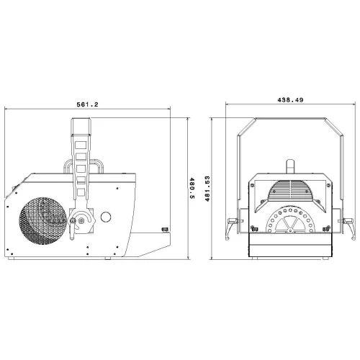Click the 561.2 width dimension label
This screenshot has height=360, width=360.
(x=87, y=104)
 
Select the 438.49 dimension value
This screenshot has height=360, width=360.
(x=290, y=100)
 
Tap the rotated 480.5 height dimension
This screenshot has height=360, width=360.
(x=192, y=189)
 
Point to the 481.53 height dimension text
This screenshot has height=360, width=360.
(x=207, y=189)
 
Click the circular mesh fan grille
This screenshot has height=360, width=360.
(x=42, y=221)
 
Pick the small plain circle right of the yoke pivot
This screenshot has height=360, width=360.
(x=106, y=217)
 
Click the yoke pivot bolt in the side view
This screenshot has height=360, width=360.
(x=81, y=220)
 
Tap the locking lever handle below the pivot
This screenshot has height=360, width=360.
(x=72, y=228)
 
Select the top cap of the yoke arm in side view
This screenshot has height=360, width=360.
(x=81, y=127)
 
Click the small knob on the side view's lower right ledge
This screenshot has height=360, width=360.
(x=165, y=230)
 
